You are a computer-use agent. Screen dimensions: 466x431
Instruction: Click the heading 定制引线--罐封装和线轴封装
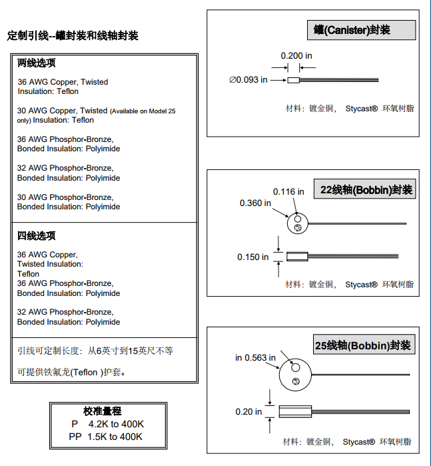click(x=73, y=36)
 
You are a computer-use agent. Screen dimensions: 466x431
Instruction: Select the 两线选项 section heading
click(x=37, y=63)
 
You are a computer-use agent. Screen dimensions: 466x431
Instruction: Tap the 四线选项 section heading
click(x=37, y=236)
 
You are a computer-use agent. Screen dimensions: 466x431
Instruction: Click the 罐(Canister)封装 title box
click(x=362, y=30)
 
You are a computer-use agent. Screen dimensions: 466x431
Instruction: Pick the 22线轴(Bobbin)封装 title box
click(x=366, y=189)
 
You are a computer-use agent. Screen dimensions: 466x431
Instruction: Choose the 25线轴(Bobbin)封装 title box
click(x=364, y=345)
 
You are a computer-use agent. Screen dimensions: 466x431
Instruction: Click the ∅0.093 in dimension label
click(x=248, y=80)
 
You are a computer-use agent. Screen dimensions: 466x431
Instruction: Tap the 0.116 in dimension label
click(x=288, y=192)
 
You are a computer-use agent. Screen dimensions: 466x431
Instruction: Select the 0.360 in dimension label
click(x=255, y=203)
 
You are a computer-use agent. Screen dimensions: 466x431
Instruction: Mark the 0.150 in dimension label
click(x=253, y=257)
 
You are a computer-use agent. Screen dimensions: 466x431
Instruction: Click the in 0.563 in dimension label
click(x=255, y=358)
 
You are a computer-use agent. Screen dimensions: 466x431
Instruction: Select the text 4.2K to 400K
click(x=117, y=424)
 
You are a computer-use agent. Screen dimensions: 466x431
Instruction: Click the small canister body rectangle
click(x=293, y=81)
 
